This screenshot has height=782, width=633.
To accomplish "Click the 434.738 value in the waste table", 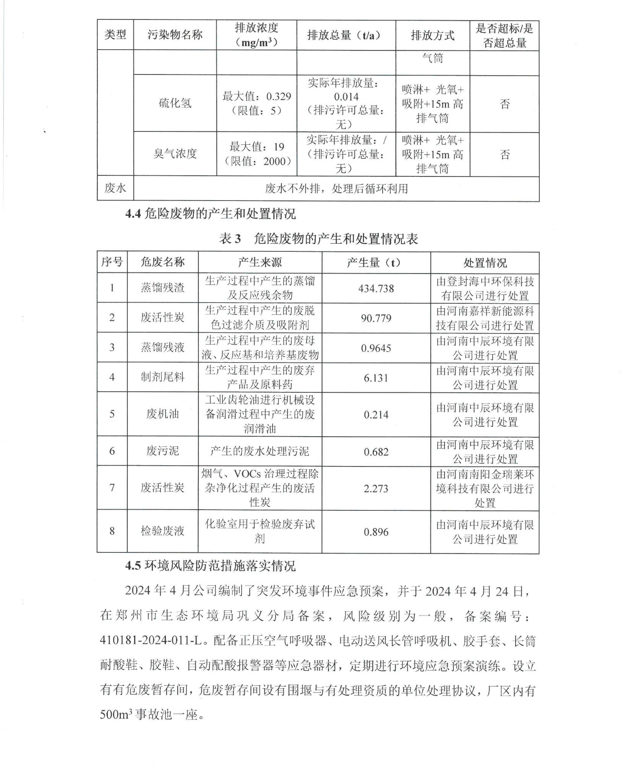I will (x=376, y=288).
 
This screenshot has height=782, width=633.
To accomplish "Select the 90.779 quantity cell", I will (x=376, y=318).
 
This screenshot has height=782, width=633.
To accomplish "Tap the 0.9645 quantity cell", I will (x=376, y=348).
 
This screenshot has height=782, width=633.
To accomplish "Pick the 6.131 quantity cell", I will (x=376, y=377).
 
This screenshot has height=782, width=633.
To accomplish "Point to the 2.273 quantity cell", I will (x=376, y=488).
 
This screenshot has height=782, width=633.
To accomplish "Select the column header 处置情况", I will (x=485, y=263).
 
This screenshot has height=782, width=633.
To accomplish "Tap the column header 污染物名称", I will (x=175, y=35).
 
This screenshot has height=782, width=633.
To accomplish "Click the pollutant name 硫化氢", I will (x=175, y=103).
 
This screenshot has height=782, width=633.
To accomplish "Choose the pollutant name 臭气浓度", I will (x=175, y=154).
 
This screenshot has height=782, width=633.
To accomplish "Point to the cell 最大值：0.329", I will (x=256, y=96).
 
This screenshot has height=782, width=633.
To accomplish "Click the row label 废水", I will (x=115, y=188).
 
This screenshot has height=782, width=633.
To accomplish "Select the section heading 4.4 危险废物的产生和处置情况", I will (x=210, y=214).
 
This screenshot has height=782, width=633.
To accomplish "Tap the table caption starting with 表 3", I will (x=318, y=239).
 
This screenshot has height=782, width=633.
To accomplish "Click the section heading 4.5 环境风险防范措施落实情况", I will (x=210, y=566).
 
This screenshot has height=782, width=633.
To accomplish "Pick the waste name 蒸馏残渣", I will (x=162, y=288).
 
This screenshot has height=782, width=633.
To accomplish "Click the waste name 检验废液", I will (x=162, y=531).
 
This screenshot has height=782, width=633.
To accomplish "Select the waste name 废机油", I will (x=162, y=414).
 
